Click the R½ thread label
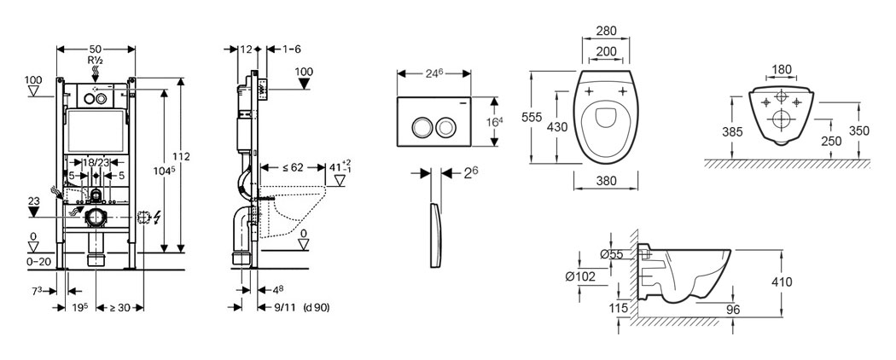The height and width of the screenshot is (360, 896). [x=95, y=61]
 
